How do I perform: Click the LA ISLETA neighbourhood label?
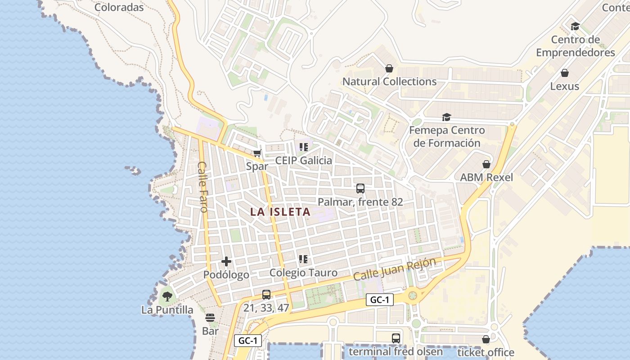pos(280,211)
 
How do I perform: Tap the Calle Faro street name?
pos(202,187)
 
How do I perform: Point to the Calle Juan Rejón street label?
pos(395,269)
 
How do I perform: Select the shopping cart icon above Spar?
pos(257,153)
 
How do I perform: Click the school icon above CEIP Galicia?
pos(304,147)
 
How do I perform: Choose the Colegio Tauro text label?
pos(303,273)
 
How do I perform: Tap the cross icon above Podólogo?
pos(226,261)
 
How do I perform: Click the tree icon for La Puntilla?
pos(167,297)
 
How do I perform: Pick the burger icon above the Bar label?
pos(210,318)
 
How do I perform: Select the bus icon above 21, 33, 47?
pos(266,295)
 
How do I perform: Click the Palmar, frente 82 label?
pos(360,202)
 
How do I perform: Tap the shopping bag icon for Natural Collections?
pos(389,68)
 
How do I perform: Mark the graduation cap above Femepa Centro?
pos(446,117)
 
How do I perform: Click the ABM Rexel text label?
pos(486,177)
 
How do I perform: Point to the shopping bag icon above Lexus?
pos(565,73)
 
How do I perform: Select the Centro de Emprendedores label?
pos(576,46)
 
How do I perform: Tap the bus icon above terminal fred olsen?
pos(396,338)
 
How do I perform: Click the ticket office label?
pos(486,352)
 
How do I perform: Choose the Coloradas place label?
pos(119,7)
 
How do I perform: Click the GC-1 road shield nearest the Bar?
pos(248,341)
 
